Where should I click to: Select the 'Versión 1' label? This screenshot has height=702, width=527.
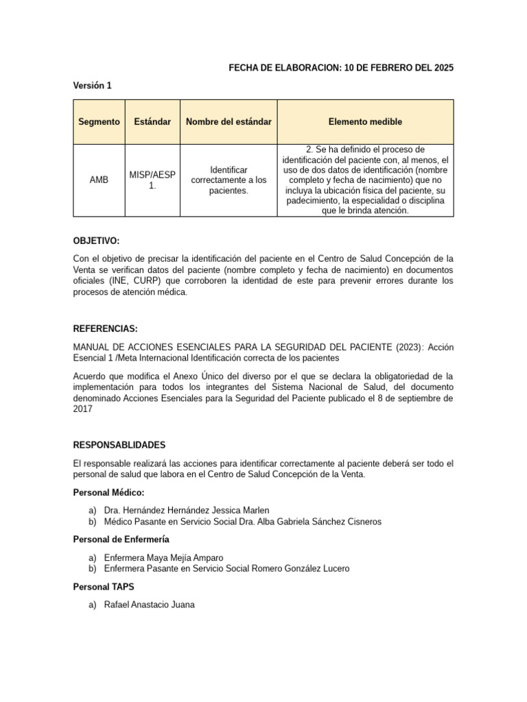click(92, 86)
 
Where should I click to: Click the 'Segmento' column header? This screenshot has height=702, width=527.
click(99, 121)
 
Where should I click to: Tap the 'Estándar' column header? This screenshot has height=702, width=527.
click(152, 121)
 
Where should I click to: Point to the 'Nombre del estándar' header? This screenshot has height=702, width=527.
click(229, 121)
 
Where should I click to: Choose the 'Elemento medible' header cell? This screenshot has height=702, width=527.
click(365, 121)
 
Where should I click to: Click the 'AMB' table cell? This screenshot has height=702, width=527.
click(99, 180)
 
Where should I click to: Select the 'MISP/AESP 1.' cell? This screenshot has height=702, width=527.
click(152, 180)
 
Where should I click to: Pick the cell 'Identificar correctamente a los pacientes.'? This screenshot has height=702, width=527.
click(229, 180)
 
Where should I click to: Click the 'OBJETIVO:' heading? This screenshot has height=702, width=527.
click(96, 241)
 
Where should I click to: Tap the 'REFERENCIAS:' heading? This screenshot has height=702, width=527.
click(106, 328)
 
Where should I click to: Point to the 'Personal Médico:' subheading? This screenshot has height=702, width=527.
click(108, 493)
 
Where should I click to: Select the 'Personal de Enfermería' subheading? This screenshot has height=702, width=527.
click(121, 540)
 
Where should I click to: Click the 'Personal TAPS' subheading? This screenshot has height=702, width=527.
click(103, 587)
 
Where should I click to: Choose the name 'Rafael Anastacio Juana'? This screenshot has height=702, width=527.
click(149, 605)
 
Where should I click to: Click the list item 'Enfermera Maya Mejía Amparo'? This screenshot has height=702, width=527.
click(163, 557)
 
